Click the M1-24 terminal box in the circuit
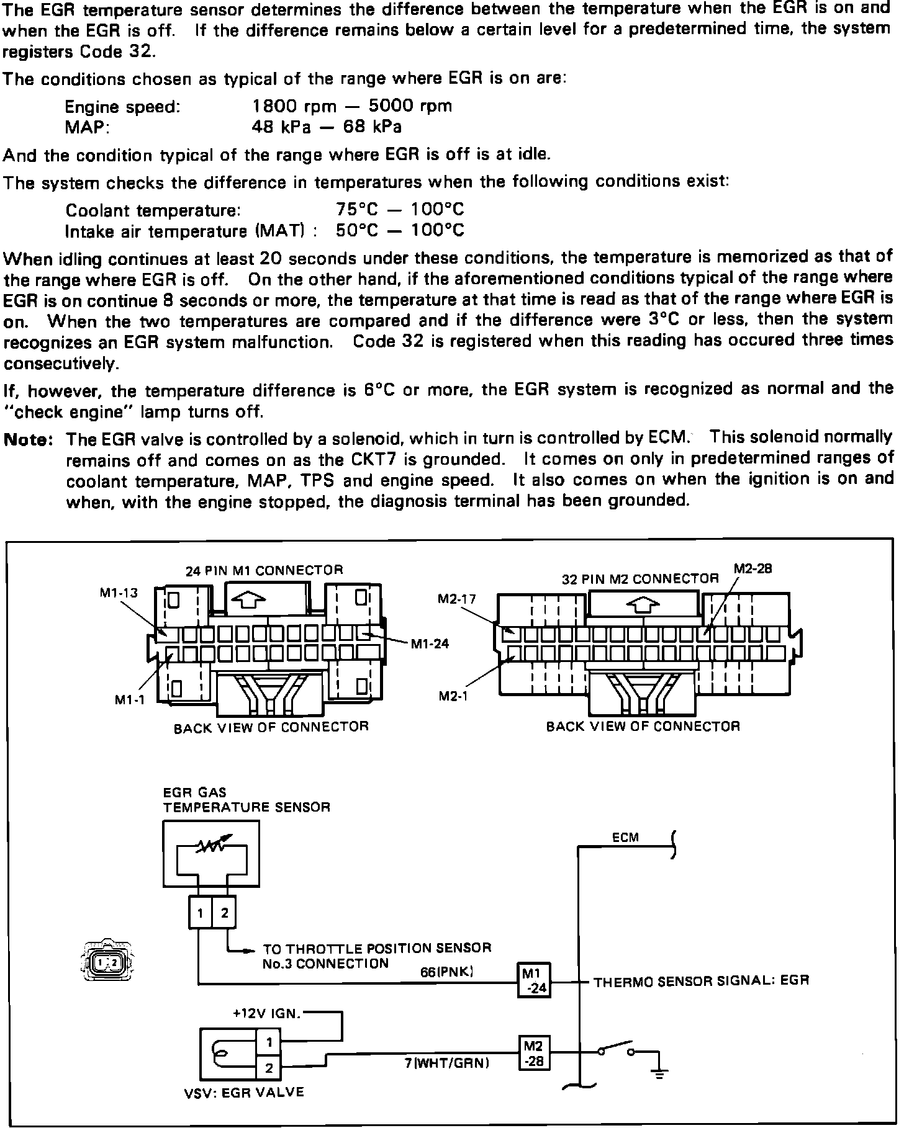(x=535, y=982)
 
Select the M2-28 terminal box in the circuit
(x=534, y=1052)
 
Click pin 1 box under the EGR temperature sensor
(x=200, y=913)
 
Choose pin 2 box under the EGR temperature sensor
(x=224, y=913)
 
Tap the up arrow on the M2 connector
(x=644, y=606)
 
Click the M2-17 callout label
(x=457, y=599)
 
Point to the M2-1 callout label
(x=453, y=696)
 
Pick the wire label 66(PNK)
(x=447, y=972)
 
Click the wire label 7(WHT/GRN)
(x=447, y=1063)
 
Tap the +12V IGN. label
(x=267, y=1014)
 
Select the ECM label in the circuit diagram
(x=625, y=838)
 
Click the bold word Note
(x=27, y=440)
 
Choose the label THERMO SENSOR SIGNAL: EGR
(x=702, y=981)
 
